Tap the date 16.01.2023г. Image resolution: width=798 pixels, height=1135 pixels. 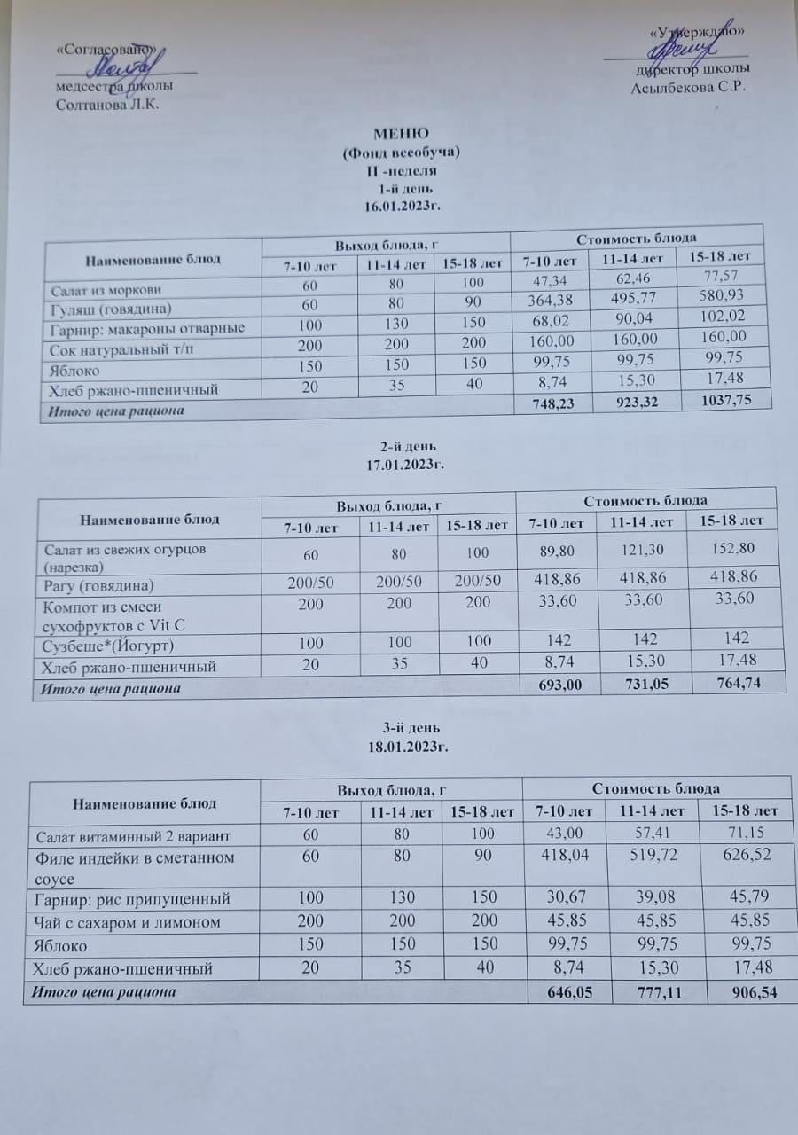coord(403,206)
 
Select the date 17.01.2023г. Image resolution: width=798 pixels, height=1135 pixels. coord(404,463)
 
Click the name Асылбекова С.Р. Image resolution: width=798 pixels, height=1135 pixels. coord(688,87)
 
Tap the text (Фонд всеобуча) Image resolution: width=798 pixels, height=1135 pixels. coord(401,153)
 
